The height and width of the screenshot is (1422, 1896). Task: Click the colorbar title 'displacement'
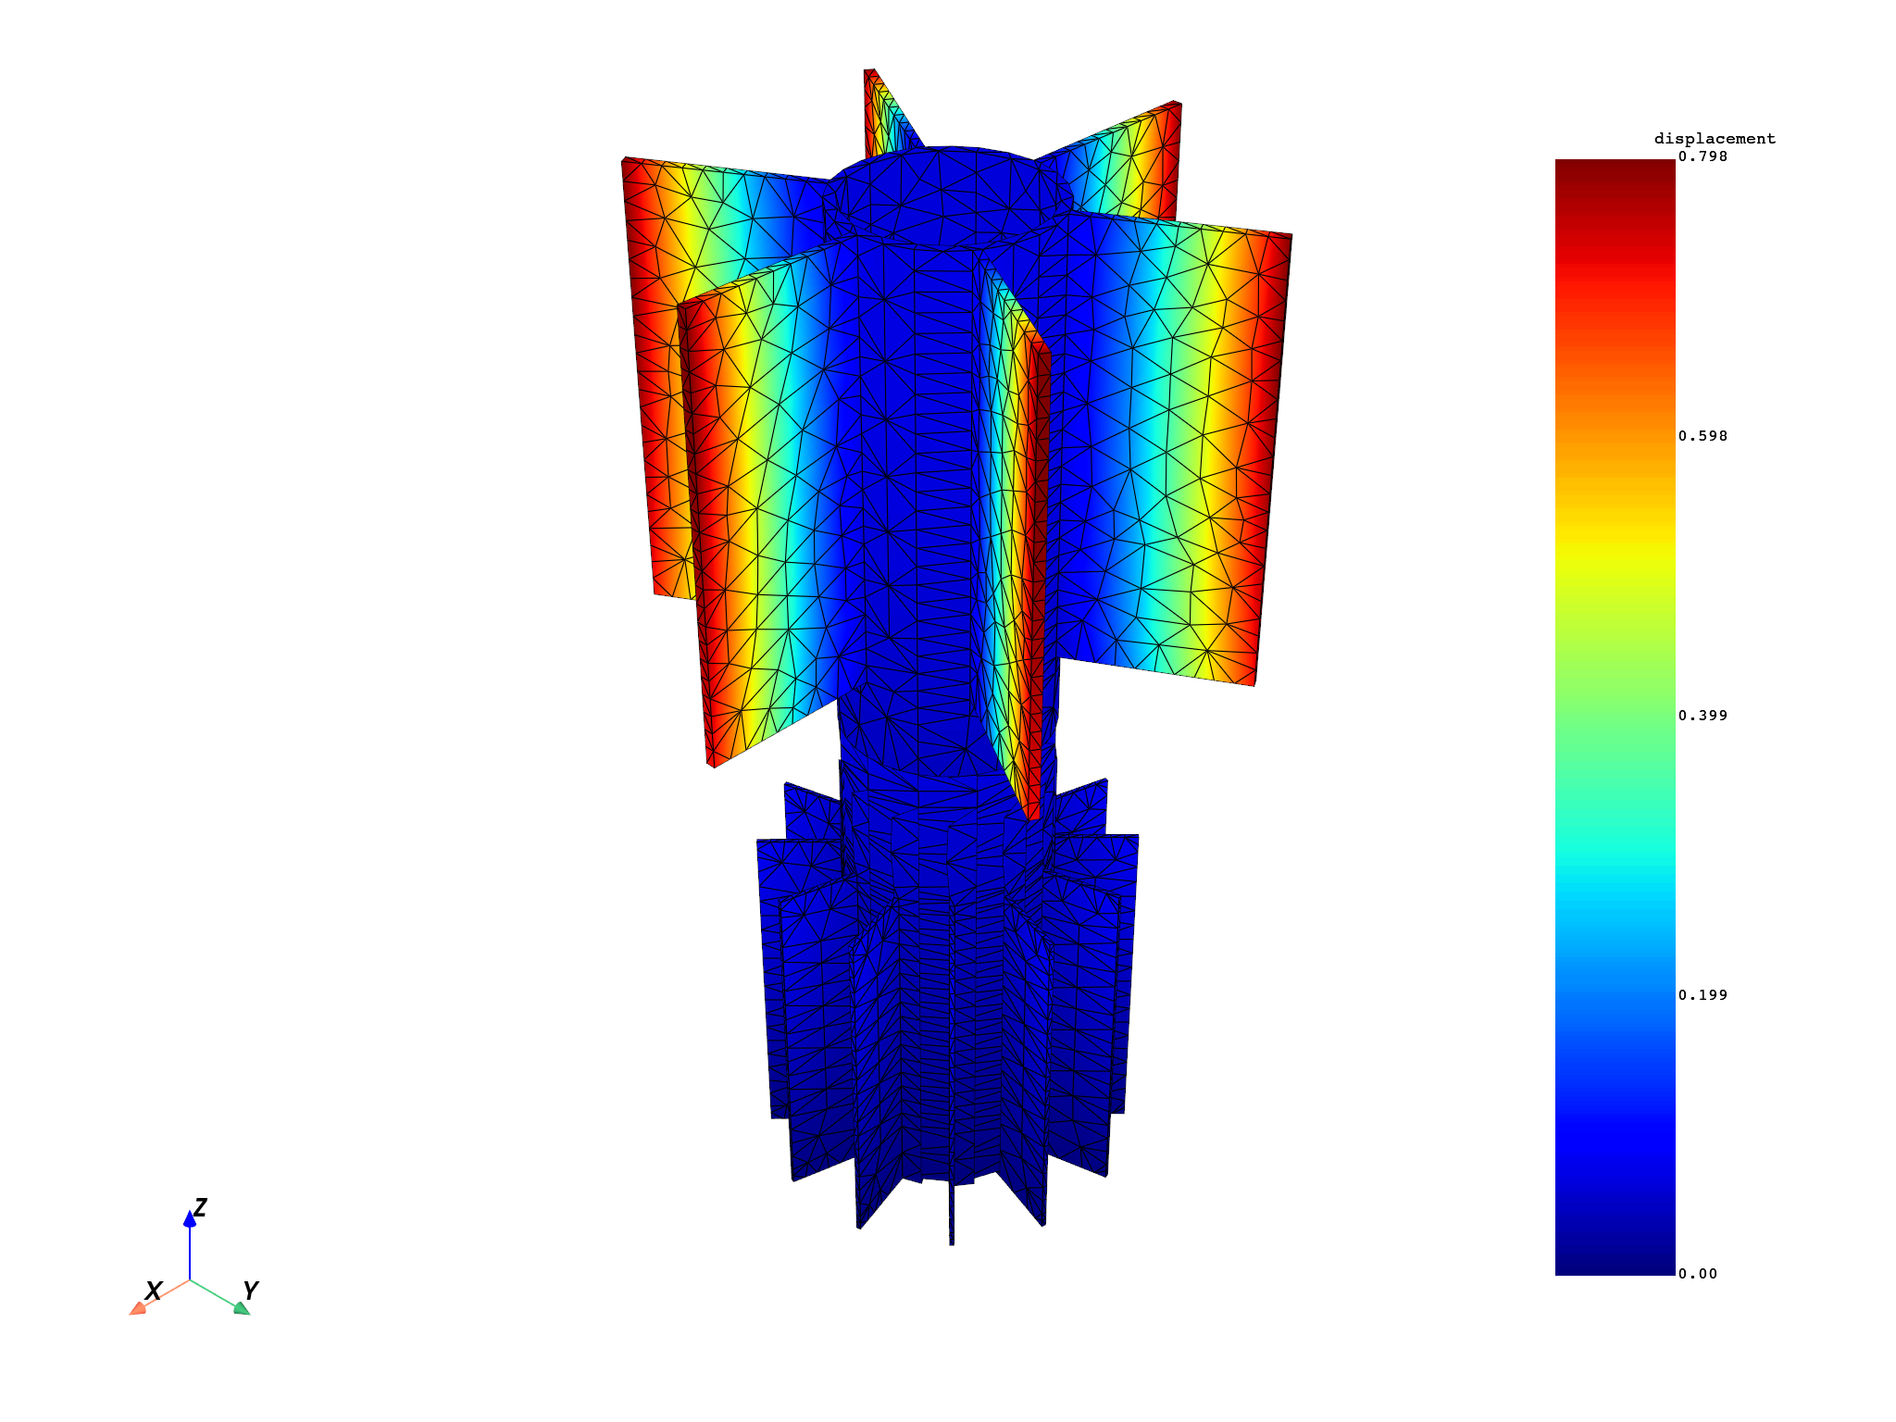1715,139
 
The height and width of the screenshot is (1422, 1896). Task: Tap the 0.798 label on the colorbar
1703,156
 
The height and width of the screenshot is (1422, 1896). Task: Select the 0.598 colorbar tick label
1703,436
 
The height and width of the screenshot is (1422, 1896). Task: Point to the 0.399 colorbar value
1703,716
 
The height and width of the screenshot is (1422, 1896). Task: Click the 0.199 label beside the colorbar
1703,995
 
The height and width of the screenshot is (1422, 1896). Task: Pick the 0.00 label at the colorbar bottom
1699,1274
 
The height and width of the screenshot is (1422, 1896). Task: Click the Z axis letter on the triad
200,1207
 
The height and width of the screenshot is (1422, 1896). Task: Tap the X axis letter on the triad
154,1291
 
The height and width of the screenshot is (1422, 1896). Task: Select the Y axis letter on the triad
250,1291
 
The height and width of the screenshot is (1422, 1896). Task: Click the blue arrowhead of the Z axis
190,1220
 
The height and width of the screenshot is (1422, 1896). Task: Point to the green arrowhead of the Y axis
242,1308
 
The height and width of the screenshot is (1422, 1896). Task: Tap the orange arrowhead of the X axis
137,1308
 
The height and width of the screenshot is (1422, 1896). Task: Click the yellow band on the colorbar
1615,546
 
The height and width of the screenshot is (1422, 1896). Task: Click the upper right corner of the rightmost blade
1289,237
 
